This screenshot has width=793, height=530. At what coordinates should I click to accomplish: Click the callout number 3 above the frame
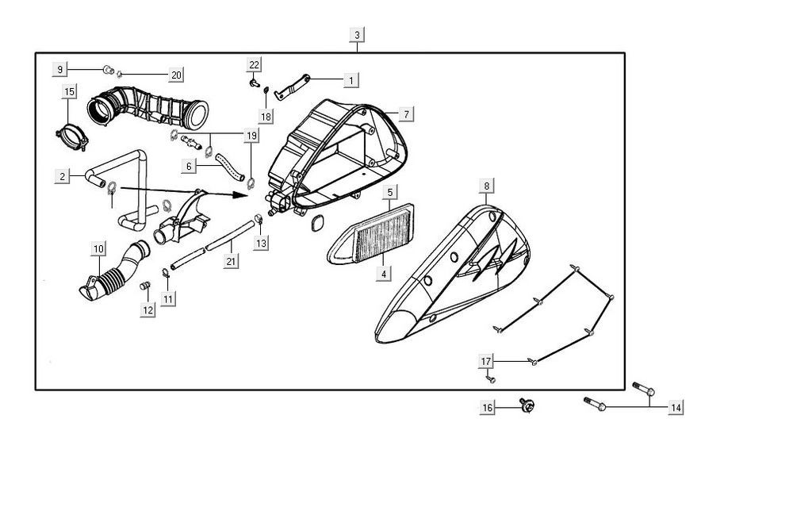pos(358,35)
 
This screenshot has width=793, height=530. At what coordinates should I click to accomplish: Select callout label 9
pos(60,69)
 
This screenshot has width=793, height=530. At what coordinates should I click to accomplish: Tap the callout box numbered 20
pos(176,75)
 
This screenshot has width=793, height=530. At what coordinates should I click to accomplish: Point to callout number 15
pos(69,92)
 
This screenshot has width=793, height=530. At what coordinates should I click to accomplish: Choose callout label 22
pos(254,63)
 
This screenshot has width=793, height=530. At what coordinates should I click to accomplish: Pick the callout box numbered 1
pos(351,79)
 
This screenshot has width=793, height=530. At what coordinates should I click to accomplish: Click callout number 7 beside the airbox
pos(404,115)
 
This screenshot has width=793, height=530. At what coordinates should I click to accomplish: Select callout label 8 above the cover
pos(486,186)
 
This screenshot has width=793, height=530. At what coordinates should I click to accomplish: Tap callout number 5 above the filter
pos(390,192)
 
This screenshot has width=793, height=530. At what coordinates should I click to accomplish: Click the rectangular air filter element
pos(372,235)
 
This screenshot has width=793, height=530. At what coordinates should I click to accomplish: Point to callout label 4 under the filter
pos(384,274)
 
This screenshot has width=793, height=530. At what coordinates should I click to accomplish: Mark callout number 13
pos(261,243)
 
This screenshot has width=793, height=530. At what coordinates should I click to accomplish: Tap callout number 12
pos(148,310)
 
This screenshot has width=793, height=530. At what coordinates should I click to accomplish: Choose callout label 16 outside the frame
pos(488,408)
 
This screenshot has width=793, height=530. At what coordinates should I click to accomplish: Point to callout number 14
pos(676,408)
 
